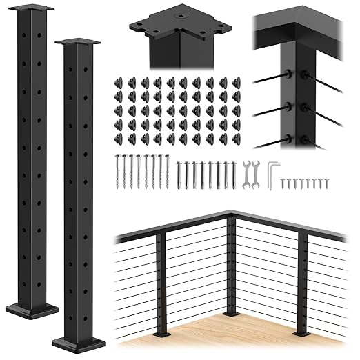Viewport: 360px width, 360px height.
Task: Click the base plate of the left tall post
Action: tap(32, 310)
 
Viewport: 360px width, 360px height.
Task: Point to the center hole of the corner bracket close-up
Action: tap(181, 13)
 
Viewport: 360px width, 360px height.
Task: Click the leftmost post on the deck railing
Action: tap(160, 283)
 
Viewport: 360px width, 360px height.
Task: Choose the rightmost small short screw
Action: tap(326, 183)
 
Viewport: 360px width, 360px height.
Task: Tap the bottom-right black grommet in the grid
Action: tap(236, 139)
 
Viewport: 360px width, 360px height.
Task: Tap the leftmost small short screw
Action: tap(283, 183)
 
